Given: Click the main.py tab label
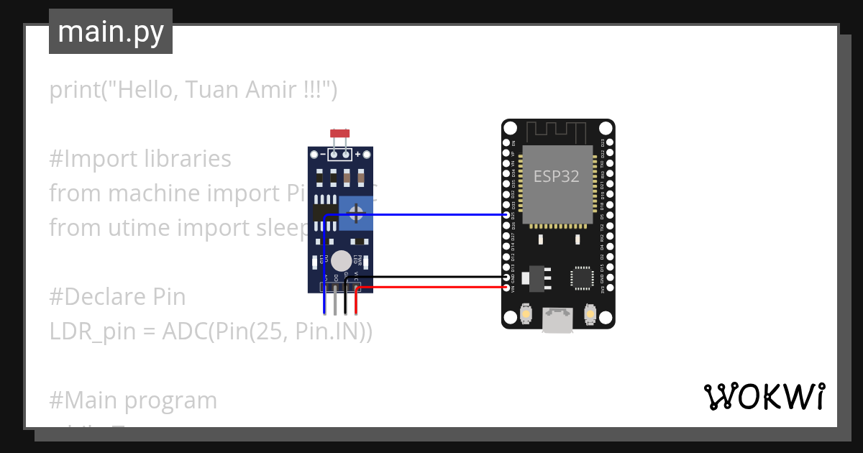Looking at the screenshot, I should point(111,32).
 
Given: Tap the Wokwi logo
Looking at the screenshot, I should point(763,396).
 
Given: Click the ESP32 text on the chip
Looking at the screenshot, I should point(556,176).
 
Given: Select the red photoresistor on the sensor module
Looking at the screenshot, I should point(339,134).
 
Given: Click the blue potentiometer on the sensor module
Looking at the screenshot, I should point(355,213).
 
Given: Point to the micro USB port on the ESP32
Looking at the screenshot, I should point(558,320).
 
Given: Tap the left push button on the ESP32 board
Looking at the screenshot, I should point(526,315).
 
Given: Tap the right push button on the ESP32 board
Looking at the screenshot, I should point(590,315).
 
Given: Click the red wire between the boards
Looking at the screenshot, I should point(431,287).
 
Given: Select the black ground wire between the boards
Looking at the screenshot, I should point(431,277).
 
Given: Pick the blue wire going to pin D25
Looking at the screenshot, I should point(417,214).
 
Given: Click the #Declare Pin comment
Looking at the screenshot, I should point(117,296).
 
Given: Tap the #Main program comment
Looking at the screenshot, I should point(133,400).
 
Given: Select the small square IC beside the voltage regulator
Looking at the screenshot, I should point(581,278).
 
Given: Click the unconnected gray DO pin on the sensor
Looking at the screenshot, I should point(336,302).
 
